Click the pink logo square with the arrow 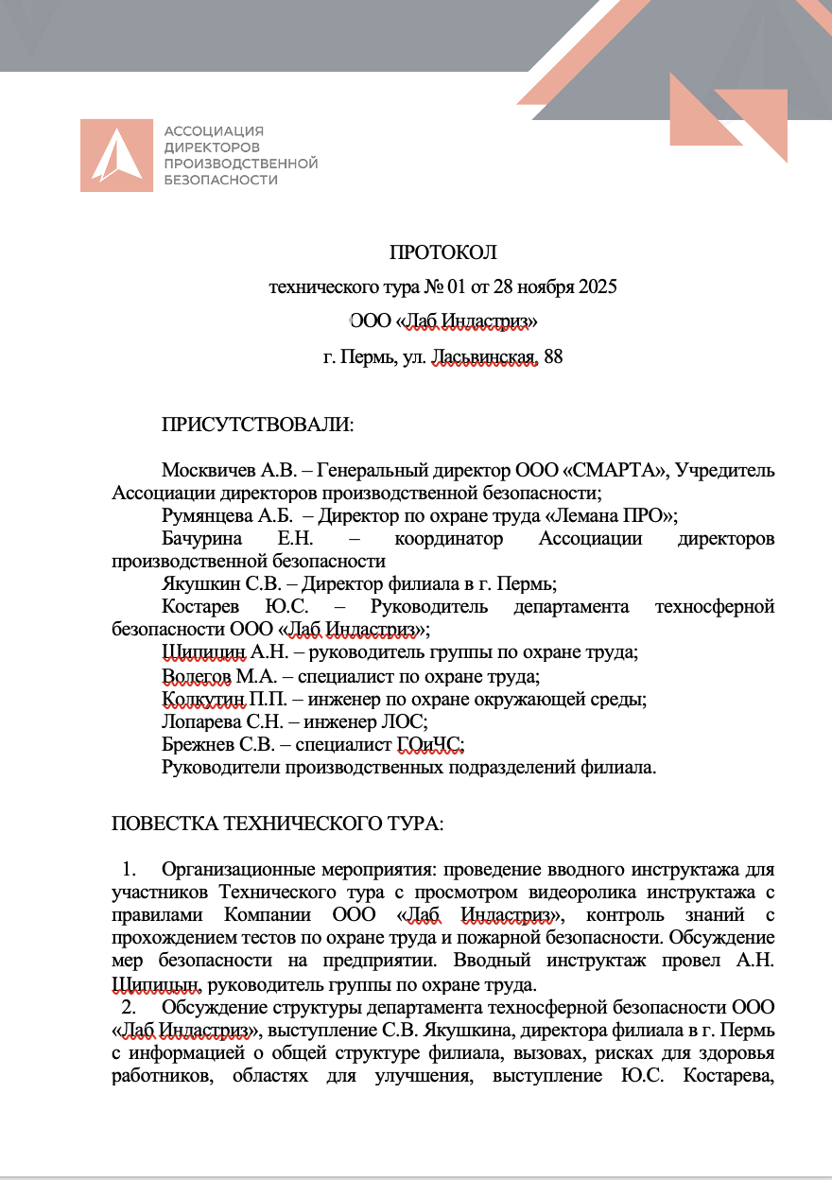[x=116, y=155]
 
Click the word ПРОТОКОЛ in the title [x=442, y=252]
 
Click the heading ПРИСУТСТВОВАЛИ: [x=257, y=425]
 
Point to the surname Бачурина [x=200, y=538]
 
